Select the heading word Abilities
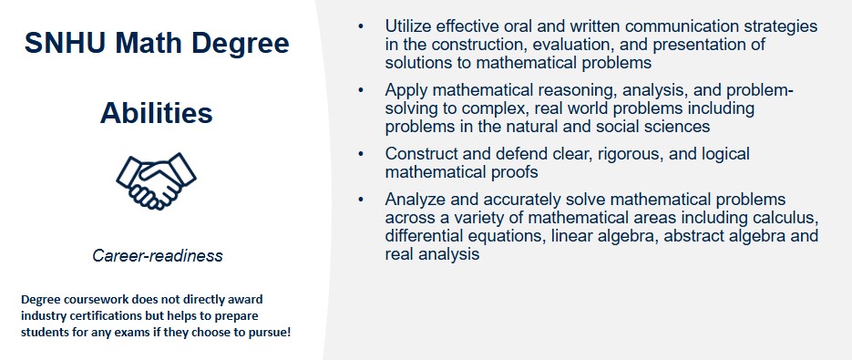[x=157, y=113]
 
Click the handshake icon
[x=157, y=181]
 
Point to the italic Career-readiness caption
[x=157, y=255]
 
